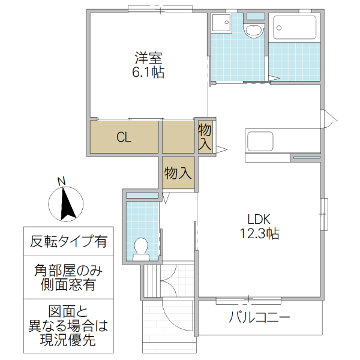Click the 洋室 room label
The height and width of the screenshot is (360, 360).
pyautogui.click(x=148, y=59)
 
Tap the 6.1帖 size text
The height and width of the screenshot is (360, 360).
pyautogui.click(x=148, y=73)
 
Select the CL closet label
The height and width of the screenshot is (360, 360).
pyautogui.click(x=124, y=137)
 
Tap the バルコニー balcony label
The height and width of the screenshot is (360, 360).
pyautogui.click(x=259, y=317)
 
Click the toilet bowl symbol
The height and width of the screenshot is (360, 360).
pyautogui.click(x=142, y=248)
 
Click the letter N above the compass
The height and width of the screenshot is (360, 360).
pyautogui.click(x=61, y=181)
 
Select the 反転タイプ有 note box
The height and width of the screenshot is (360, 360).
pyautogui.click(x=68, y=242)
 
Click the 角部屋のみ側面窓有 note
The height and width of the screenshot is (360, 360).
pyautogui.click(x=68, y=278)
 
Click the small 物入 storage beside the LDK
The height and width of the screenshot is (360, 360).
pyautogui.click(x=205, y=137)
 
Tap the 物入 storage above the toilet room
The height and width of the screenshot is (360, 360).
pyautogui.click(x=178, y=173)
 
